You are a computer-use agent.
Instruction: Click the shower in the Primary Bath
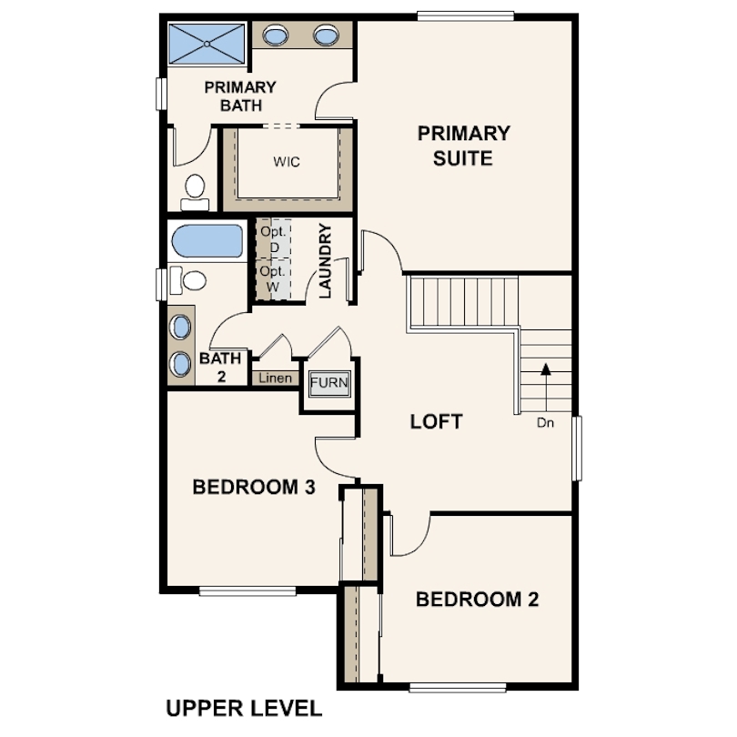[207, 44]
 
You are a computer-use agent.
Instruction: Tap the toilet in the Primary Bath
[195, 193]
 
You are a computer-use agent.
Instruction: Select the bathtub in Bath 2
[207, 240]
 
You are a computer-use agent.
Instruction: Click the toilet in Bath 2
[188, 280]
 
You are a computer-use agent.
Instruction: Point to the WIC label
[287, 162]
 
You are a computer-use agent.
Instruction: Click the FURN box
[329, 382]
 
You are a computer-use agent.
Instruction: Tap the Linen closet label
[275, 378]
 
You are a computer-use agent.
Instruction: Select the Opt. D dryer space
[273, 238]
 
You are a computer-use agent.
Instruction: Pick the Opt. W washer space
[273, 278]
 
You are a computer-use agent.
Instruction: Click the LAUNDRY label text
[325, 261]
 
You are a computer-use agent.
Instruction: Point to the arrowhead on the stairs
[546, 369]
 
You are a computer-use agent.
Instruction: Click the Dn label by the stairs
[545, 423]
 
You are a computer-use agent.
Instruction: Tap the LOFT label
[436, 421]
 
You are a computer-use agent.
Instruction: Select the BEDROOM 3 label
[254, 487]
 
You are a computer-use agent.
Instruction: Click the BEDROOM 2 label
[477, 600]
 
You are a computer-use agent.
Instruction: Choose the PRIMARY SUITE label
[463, 146]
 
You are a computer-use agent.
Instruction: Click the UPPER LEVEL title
[244, 708]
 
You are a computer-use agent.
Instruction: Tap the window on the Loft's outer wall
[577, 448]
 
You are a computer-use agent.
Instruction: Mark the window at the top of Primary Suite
[465, 17]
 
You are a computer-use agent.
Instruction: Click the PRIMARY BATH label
[240, 96]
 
